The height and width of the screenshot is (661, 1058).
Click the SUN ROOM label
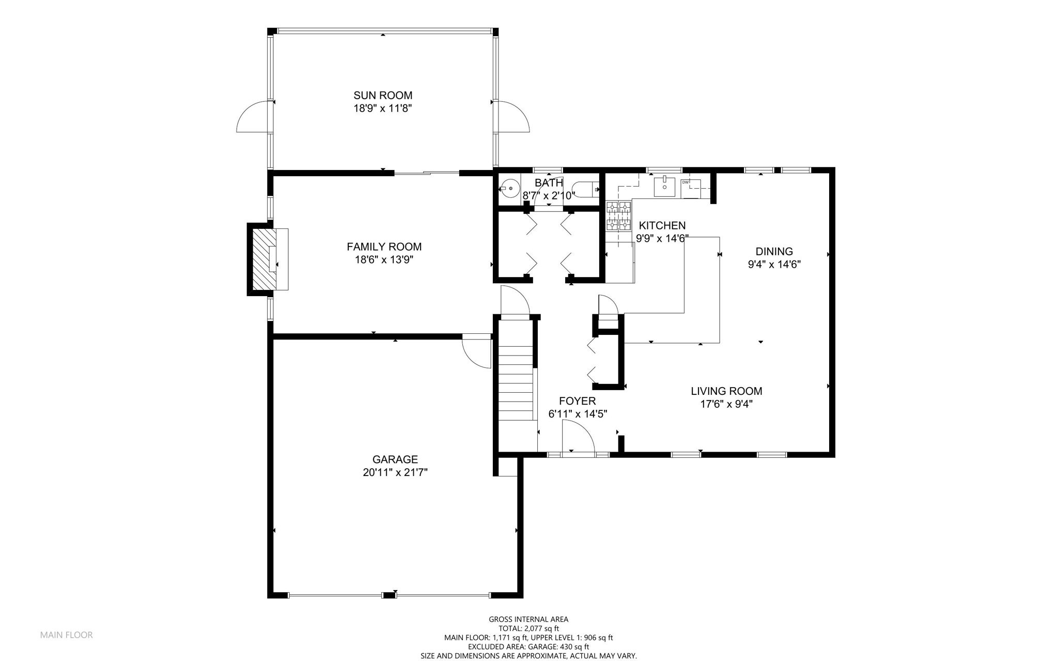(383, 95)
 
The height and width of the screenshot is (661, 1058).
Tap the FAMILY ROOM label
(384, 247)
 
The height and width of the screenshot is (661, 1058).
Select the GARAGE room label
(395, 459)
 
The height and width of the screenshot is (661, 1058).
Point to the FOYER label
(578, 401)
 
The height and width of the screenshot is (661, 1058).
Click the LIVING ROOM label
(726, 391)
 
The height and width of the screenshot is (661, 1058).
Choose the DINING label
(774, 252)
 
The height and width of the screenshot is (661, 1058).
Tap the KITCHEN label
(662, 225)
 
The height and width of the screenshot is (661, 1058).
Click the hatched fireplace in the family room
(264, 259)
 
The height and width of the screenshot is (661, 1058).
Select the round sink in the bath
(510, 188)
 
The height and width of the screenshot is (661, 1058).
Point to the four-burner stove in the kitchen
(619, 216)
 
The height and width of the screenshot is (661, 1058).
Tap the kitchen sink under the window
(664, 187)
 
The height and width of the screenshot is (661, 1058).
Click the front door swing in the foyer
(579, 437)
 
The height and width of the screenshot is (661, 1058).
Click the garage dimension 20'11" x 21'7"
(395, 472)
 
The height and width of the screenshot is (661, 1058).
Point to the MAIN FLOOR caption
(67, 635)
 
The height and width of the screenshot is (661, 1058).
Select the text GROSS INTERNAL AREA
(528, 619)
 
